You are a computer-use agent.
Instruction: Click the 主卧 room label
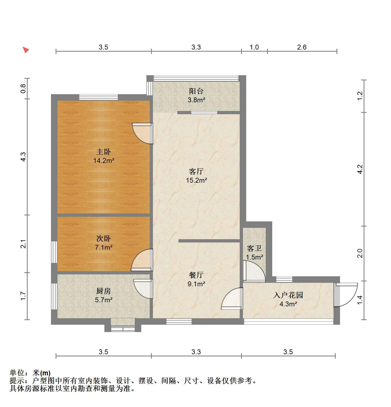pyautogui.click(x=104, y=152)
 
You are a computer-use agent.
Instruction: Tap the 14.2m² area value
pyautogui.click(x=104, y=160)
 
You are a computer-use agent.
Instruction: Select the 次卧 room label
pyautogui.click(x=104, y=239)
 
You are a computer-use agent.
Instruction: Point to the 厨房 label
pyautogui.click(x=104, y=291)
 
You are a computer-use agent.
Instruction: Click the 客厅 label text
pyautogui.click(x=196, y=171)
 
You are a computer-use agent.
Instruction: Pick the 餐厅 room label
pyautogui.click(x=196, y=275)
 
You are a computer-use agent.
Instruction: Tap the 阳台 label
pyautogui.click(x=196, y=91)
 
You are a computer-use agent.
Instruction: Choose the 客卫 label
pyautogui.click(x=254, y=248)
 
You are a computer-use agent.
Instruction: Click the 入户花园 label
pyautogui.click(x=288, y=295)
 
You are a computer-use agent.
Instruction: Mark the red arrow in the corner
pyautogui.click(x=25, y=50)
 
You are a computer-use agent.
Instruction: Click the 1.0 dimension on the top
pyautogui.click(x=254, y=47)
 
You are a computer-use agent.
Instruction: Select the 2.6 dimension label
pyautogui.click(x=302, y=47)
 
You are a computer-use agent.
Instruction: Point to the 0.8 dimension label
pyautogui.click(x=23, y=88)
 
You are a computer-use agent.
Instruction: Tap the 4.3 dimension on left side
pyautogui.click(x=23, y=157)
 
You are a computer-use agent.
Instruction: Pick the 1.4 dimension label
pyautogui.click(x=360, y=300)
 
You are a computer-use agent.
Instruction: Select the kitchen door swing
pyautogui.click(x=143, y=289)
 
